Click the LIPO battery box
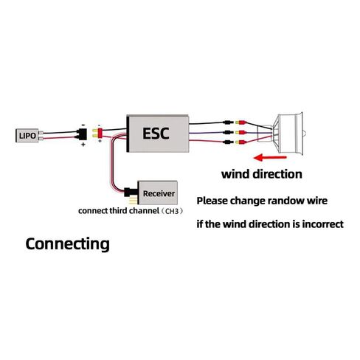pyautogui.click(x=27, y=136)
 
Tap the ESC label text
pyautogui.click(x=156, y=134)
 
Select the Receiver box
pyautogui.click(x=158, y=193)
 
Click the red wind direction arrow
pyautogui.click(x=270, y=157)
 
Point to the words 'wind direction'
pyautogui.click(x=262, y=174)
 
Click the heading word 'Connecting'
pyautogui.click(x=67, y=244)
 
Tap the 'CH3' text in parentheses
pyautogui.click(x=172, y=211)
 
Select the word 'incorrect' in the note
pyautogui.click(x=322, y=224)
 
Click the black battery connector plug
pyautogui.click(x=82, y=134)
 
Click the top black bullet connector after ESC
pyautogui.click(x=229, y=122)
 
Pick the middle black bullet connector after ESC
pyautogui.click(x=229, y=132)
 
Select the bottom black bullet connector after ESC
pyautogui.click(x=229, y=142)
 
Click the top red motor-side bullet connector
pyautogui.click(x=240, y=122)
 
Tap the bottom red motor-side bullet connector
pyautogui.click(x=240, y=142)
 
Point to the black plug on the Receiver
pyautogui.click(x=131, y=192)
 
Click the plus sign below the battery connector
pyautogui.click(x=83, y=145)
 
